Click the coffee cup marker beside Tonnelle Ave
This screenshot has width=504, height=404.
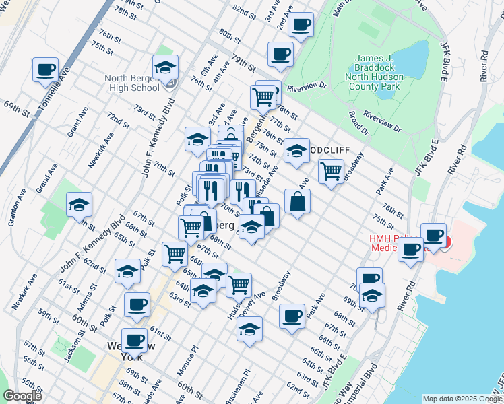[x=46, y=70]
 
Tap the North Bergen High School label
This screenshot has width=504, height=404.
[x=132, y=83]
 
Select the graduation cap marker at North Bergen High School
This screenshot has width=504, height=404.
[x=165, y=67]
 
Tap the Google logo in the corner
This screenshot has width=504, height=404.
[x=22, y=396]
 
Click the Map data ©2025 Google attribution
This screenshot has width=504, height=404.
[x=462, y=399]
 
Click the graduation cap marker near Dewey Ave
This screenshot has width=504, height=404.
[x=250, y=329]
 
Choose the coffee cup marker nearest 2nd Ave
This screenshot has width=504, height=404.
[x=301, y=25]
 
